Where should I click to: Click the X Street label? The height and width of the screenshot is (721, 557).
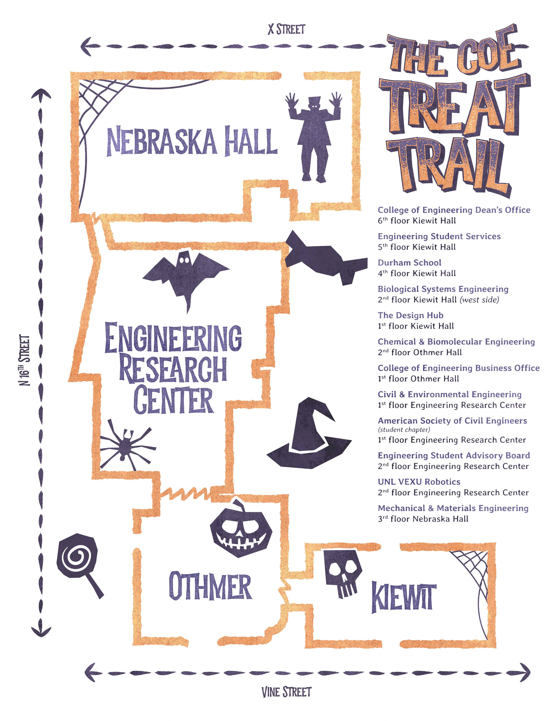point(286,29)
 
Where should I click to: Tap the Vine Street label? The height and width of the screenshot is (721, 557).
point(286,692)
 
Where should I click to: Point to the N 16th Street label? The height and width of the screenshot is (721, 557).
point(25,360)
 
